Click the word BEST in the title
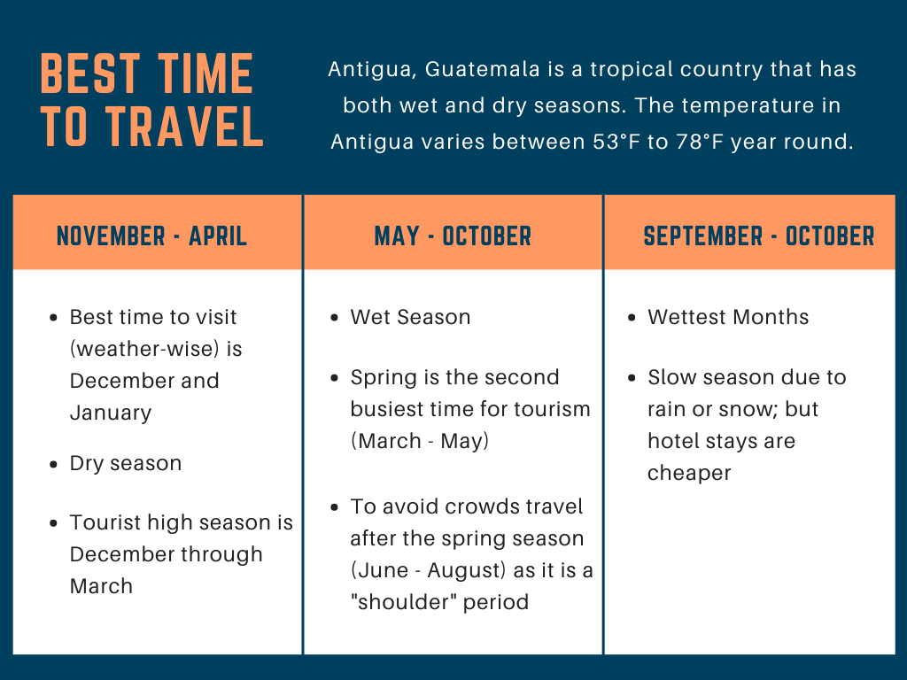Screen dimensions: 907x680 click(90, 73)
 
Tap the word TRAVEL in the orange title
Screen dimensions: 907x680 click(184, 126)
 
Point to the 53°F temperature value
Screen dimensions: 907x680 click(616, 142)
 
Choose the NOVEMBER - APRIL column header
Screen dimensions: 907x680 click(152, 236)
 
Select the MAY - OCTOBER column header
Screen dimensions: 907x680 click(453, 236)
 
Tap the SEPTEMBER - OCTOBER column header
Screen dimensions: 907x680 click(759, 236)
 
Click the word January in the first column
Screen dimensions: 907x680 click(111, 413)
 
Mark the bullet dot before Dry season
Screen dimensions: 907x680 click(54, 464)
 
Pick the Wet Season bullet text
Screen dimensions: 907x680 click(410, 317)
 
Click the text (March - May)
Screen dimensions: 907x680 click(420, 441)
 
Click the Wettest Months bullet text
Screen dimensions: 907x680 click(728, 317)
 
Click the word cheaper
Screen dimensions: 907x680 click(689, 474)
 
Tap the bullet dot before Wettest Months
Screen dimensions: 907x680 click(632, 318)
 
